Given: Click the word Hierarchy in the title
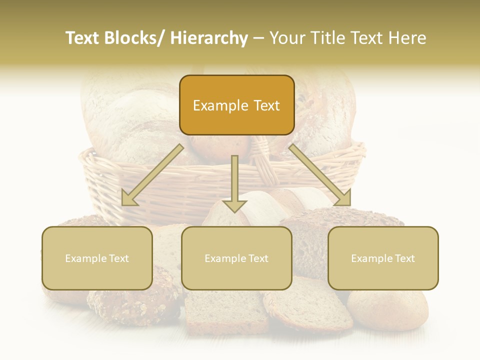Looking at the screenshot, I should pyautogui.click(x=209, y=38).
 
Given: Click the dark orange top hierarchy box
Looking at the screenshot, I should pyautogui.click(x=236, y=105).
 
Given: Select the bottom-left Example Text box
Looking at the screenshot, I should pyautogui.click(x=97, y=258).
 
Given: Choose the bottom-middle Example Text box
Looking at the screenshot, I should pyautogui.click(x=236, y=258).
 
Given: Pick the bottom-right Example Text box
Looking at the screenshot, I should pyautogui.click(x=383, y=258).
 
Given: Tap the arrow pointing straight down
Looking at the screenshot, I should pyautogui.click(x=234, y=180).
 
